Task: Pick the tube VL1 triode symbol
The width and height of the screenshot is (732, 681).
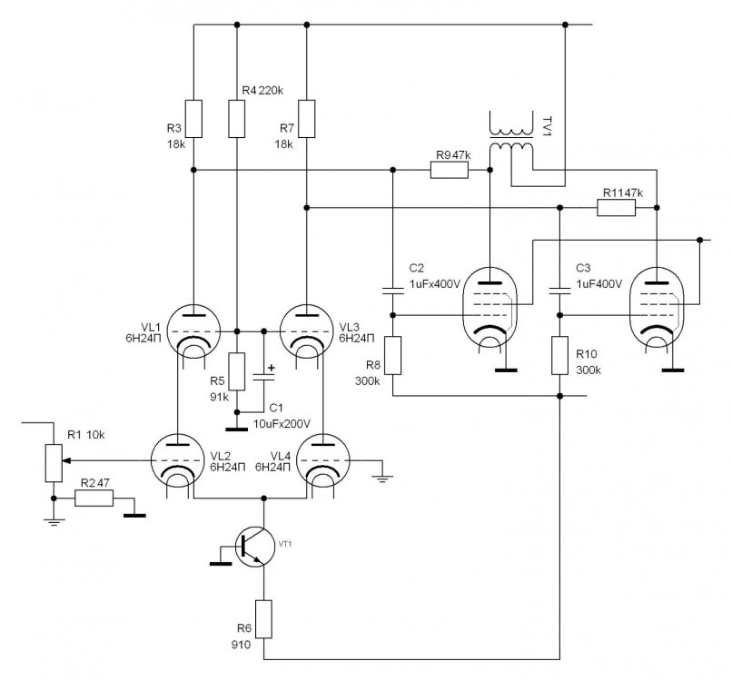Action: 194,329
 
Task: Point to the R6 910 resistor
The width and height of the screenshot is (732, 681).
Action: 263,618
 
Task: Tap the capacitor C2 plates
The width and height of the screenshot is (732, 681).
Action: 392,290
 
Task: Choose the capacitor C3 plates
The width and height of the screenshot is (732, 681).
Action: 559,290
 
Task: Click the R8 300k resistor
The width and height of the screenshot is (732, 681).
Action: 392,354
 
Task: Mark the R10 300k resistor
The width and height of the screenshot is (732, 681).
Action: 559,354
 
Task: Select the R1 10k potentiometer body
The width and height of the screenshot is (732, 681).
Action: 53,460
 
